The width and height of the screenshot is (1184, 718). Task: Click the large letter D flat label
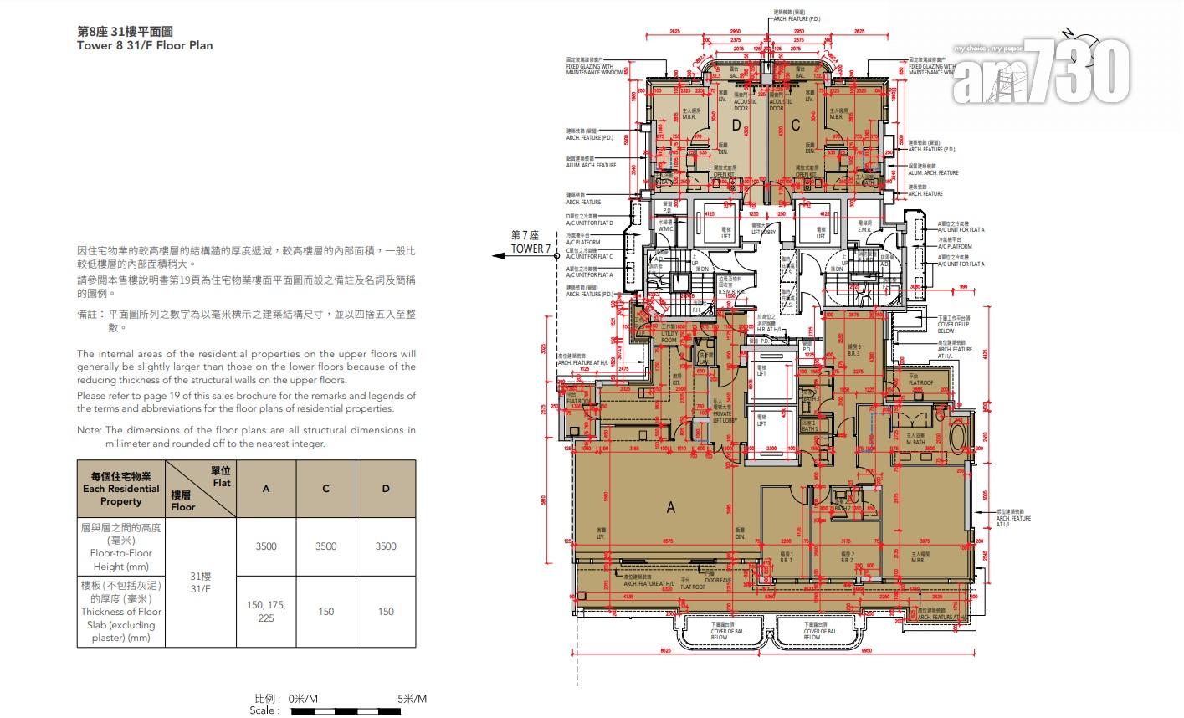tap(736, 126)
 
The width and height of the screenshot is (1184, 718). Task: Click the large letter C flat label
tap(796, 126)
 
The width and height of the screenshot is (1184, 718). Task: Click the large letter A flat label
tap(670, 506)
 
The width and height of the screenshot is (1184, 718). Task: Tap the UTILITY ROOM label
tap(669, 338)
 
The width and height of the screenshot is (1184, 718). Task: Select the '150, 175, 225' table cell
tap(266, 611)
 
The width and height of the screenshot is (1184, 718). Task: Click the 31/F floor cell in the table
tap(201, 582)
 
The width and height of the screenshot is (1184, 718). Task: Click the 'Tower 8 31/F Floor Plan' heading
tap(145, 45)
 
